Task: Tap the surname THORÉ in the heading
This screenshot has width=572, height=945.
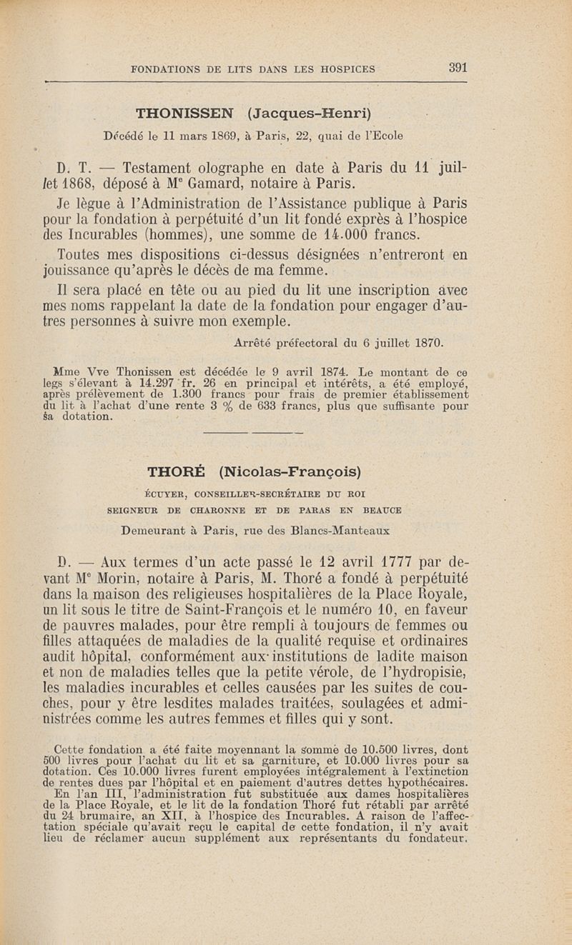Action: coord(176,472)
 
